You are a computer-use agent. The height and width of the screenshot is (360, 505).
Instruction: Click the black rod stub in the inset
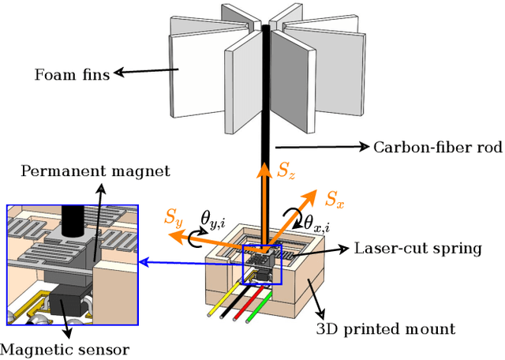pyautogui.click(x=76, y=222)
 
